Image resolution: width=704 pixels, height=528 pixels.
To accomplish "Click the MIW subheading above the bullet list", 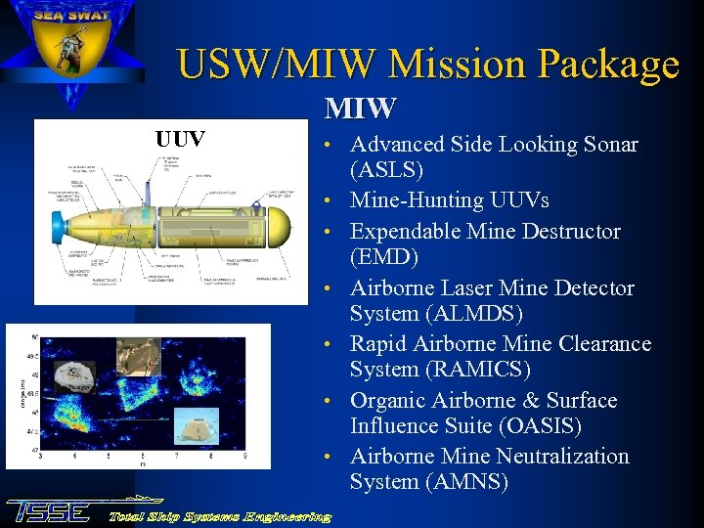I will pos(361,107).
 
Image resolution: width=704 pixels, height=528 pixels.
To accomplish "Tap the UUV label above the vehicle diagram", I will pos(181,139).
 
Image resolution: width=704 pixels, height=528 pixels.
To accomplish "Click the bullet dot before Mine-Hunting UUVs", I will pos(332,201).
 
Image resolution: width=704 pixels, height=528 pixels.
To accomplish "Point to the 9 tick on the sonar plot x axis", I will pos(243,455).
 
